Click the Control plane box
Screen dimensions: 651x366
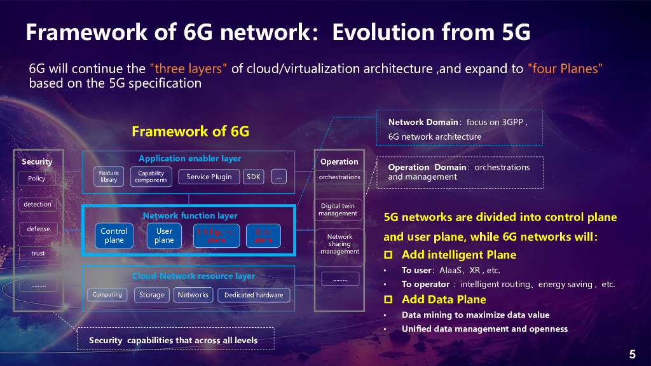pos(114,236)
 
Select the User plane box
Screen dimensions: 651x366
pos(164,236)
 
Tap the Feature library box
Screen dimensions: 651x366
pos(109,176)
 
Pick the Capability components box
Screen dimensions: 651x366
pos(151,176)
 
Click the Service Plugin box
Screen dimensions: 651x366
pos(209,177)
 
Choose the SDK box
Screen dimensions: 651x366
pos(254,177)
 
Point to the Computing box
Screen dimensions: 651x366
pos(107,295)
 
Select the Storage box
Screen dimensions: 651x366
pos(152,295)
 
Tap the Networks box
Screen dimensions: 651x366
pos(193,295)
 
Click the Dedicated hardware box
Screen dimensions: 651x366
pos(254,295)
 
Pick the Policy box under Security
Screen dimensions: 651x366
pos(37,179)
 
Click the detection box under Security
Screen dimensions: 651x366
pos(38,205)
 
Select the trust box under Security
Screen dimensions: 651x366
pos(38,254)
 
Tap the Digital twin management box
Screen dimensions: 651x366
pos(339,210)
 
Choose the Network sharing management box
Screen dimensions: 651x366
pos(339,244)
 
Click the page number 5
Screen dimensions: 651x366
pos(632,355)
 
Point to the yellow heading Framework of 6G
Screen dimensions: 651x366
pos(190,132)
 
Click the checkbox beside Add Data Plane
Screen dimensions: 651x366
pos(388,299)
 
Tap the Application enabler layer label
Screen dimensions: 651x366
pos(189,158)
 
